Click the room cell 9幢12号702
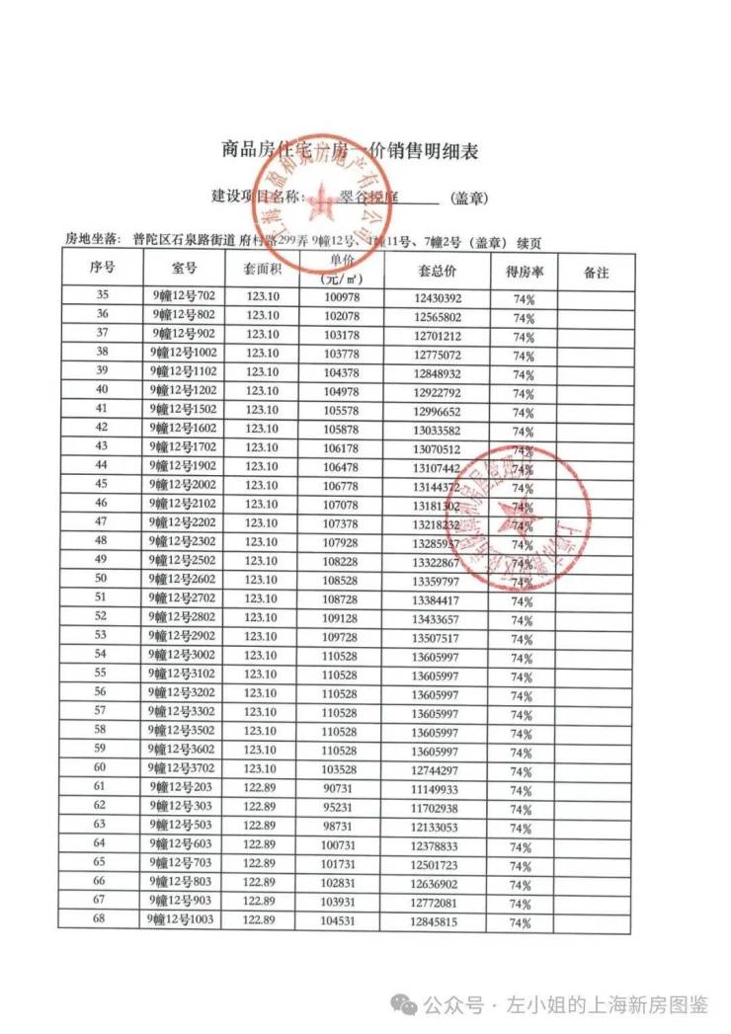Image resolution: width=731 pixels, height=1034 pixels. pos(184,296)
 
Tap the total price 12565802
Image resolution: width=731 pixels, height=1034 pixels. pos(437,317)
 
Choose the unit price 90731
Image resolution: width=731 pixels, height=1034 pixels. pos(340,788)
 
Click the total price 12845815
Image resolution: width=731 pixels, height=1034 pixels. pos(437,921)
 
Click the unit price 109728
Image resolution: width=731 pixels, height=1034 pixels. pos(340,637)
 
